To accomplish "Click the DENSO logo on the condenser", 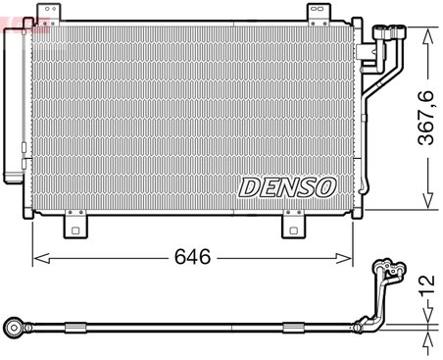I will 287,185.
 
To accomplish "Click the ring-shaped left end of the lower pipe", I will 13,326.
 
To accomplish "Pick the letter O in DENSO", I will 325,185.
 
